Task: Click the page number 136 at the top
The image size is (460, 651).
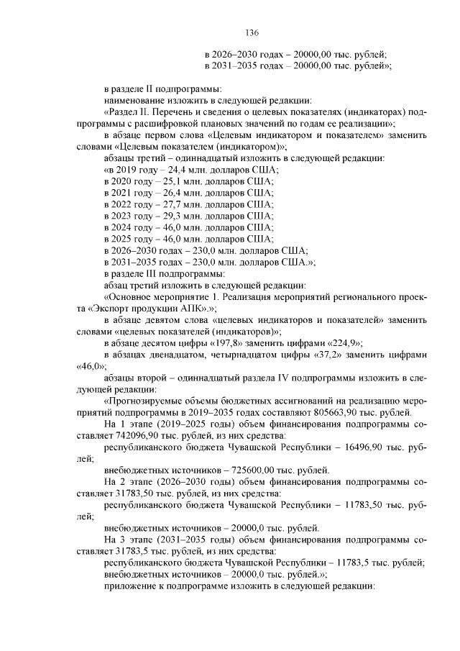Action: (252, 33)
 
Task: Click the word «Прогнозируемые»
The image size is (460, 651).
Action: (147, 401)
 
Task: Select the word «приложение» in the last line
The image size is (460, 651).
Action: (130, 586)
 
